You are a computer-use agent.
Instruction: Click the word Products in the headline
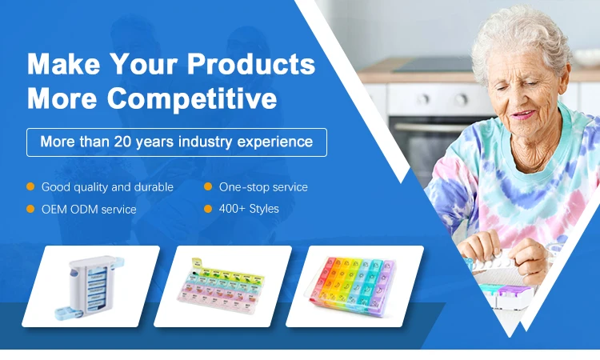pyautogui.click(x=251, y=64)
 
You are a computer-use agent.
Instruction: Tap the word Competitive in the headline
pyautogui.click(x=192, y=99)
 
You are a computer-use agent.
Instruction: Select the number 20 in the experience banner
pyautogui.click(x=122, y=142)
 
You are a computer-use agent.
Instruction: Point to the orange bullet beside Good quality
pyautogui.click(x=30, y=186)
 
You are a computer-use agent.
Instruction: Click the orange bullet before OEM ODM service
pyautogui.click(x=30, y=209)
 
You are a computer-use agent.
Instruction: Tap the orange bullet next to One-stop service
pyautogui.click(x=208, y=186)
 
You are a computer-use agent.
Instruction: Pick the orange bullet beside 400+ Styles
pyautogui.click(x=208, y=209)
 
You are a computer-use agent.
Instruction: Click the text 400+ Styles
pyautogui.click(x=249, y=209)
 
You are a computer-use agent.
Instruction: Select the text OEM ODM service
pyautogui.click(x=89, y=210)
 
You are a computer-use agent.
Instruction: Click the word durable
pyautogui.click(x=154, y=186)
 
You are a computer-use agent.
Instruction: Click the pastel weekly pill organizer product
pyautogui.click(x=221, y=286)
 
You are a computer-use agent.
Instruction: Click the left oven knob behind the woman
pyautogui.click(x=423, y=99)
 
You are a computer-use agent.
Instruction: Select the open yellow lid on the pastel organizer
pyautogui.click(x=197, y=262)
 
